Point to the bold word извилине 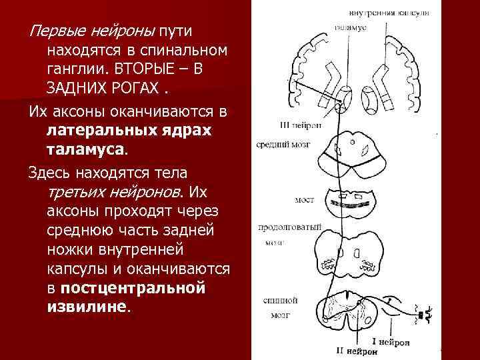87,307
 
